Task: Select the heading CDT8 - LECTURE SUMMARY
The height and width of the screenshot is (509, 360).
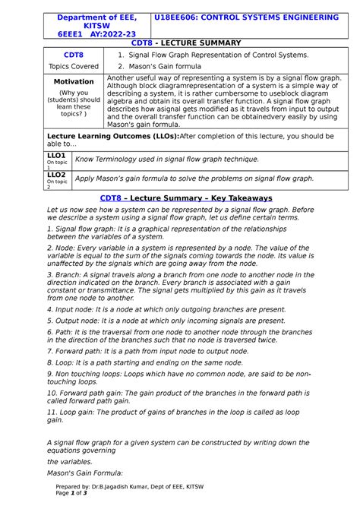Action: (180, 43)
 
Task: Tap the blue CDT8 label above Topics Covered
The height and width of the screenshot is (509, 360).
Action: (74, 55)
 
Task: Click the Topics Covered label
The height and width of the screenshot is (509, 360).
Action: (74, 66)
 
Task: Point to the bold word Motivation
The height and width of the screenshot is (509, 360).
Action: (74, 81)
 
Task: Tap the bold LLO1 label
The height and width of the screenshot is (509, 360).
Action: (56, 155)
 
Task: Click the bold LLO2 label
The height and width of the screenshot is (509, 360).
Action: (56, 175)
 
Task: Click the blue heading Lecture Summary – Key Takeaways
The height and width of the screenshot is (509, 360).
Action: (180, 198)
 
